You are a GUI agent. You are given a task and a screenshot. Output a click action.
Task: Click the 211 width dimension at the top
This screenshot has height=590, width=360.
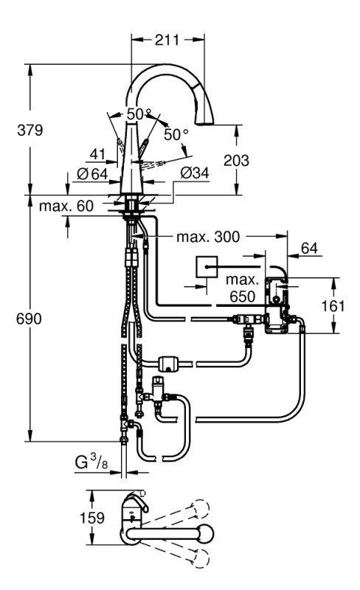(x=167, y=40)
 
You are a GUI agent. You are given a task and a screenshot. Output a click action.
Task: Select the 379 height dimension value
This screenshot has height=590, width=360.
(x=30, y=131)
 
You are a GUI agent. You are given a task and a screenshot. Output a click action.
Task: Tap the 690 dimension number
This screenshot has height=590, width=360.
(x=29, y=319)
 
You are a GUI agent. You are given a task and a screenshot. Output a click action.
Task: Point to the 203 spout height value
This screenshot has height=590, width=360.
(x=237, y=160)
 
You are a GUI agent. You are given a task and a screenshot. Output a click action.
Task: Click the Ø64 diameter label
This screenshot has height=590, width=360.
(x=92, y=174)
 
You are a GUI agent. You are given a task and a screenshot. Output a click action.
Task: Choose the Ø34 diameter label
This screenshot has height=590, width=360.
(x=194, y=173)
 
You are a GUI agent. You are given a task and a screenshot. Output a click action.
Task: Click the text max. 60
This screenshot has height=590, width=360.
(x=66, y=206)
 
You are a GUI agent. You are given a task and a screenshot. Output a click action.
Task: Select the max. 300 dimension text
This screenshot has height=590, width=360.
(x=208, y=237)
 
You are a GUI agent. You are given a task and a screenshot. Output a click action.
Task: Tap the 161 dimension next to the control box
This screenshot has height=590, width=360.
(x=333, y=305)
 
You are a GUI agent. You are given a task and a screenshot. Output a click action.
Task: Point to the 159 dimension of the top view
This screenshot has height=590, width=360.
(x=92, y=518)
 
